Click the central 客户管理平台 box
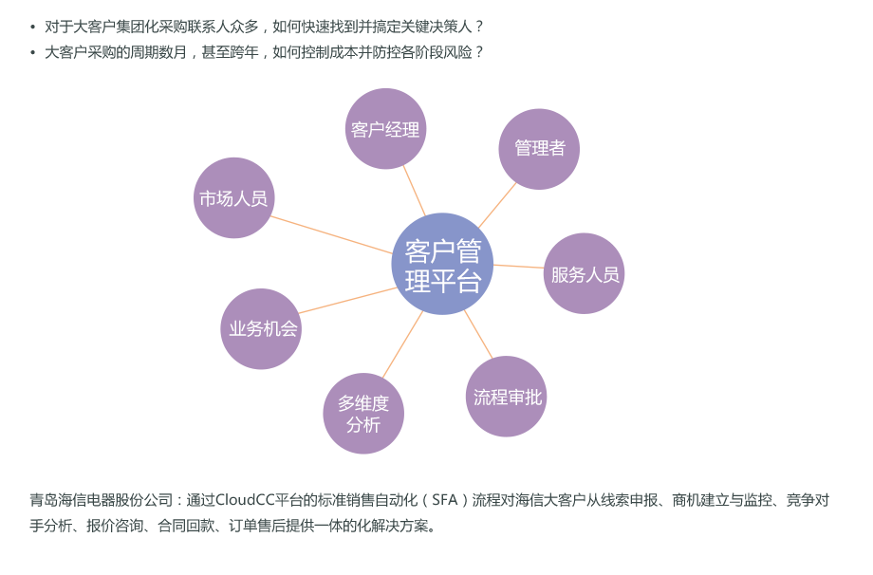point(442,264)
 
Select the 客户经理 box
point(385,129)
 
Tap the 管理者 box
point(539,149)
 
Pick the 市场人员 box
point(233,198)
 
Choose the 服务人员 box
point(584,273)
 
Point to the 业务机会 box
point(261,328)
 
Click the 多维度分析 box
point(363,414)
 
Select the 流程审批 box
point(506,397)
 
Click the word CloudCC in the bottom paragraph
point(244,500)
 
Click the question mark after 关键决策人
point(478,27)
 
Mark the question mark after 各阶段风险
point(478,52)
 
